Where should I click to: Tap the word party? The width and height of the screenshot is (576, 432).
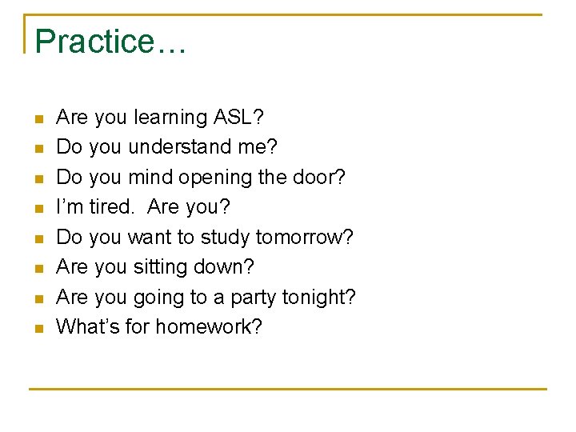click(x=254, y=298)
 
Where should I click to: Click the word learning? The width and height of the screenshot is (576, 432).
click(x=170, y=118)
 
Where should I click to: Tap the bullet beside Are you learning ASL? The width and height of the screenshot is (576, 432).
click(x=38, y=119)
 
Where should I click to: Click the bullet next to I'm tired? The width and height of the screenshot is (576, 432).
click(x=38, y=209)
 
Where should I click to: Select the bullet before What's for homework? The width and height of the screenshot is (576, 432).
click(x=38, y=329)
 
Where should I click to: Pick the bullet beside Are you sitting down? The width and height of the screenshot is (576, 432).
click(x=38, y=269)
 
